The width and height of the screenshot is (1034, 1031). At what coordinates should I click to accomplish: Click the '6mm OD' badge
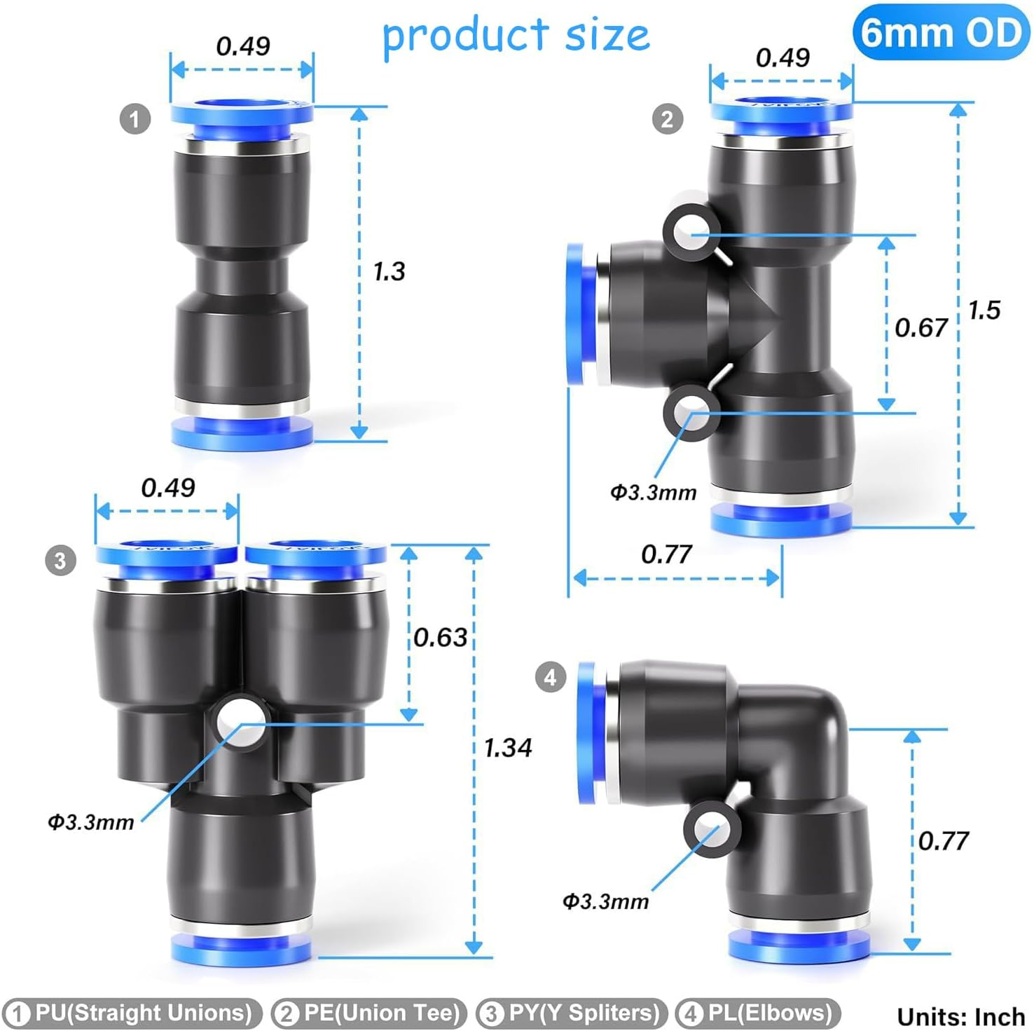point(941,32)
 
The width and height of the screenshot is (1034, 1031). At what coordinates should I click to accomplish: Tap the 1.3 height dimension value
point(389,271)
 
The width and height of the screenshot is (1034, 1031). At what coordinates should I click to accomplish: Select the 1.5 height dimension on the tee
point(984,310)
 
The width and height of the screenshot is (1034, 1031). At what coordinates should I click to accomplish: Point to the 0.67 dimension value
point(921,327)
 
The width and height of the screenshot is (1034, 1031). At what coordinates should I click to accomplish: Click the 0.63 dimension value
point(440,637)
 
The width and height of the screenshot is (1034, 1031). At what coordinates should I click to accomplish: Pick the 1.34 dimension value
point(508,748)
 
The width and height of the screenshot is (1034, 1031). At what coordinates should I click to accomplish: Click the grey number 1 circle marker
point(135,118)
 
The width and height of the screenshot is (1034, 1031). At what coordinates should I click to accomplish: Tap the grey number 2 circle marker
point(667,118)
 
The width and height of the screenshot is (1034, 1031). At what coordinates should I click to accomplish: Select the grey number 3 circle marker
point(60,560)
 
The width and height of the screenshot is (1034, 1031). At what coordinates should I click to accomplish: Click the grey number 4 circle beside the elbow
point(550,677)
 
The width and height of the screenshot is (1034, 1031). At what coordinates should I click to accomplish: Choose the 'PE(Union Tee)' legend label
point(370,1013)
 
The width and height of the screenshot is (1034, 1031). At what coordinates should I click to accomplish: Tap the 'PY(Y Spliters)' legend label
point(572,1013)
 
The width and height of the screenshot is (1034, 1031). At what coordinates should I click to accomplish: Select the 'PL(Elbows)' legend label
point(759,1013)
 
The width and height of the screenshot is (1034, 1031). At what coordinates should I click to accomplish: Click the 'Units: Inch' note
point(960,1016)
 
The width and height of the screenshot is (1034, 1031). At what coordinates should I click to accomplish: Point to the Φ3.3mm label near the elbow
point(606,901)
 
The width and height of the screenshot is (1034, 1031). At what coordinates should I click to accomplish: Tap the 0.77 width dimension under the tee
point(666,554)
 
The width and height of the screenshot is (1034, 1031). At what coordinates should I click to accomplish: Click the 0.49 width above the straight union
point(242,46)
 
